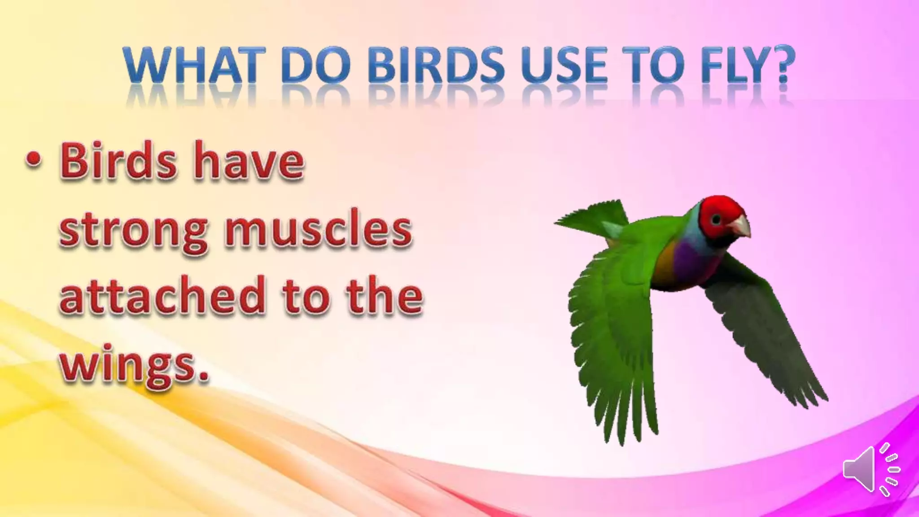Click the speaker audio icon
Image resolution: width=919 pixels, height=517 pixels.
[x=871, y=469]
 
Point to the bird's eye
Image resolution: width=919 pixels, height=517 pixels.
[x=716, y=219]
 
